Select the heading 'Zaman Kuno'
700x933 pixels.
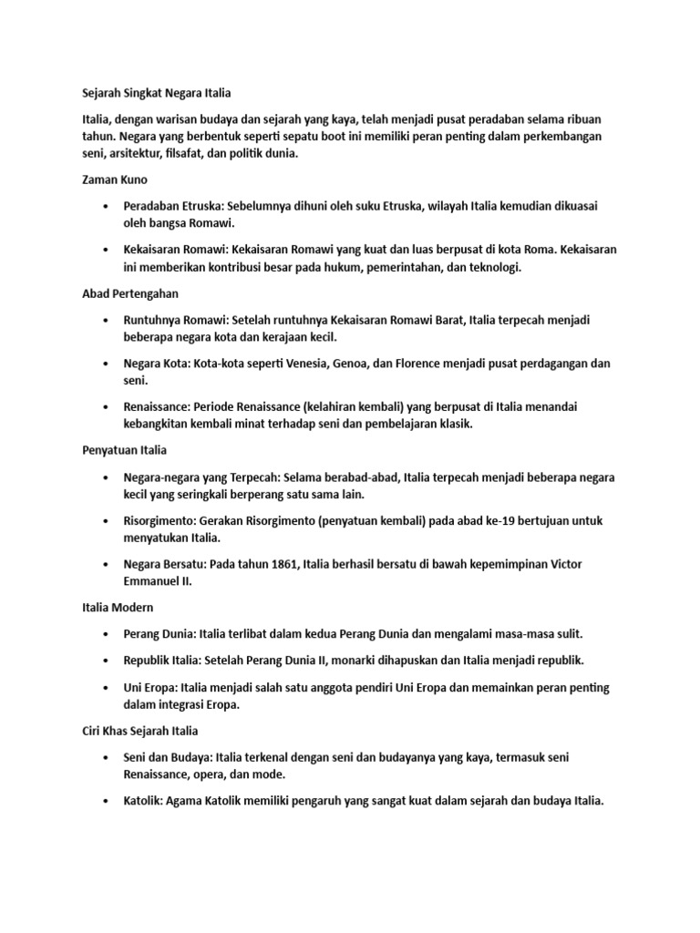pos(109,179)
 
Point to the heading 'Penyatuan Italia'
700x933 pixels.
pos(123,450)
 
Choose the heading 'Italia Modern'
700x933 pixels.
pos(113,607)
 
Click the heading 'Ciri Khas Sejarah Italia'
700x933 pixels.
pos(139,731)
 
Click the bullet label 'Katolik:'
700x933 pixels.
pos(145,801)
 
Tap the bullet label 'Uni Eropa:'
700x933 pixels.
pos(153,687)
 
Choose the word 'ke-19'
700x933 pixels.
pos(496,520)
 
